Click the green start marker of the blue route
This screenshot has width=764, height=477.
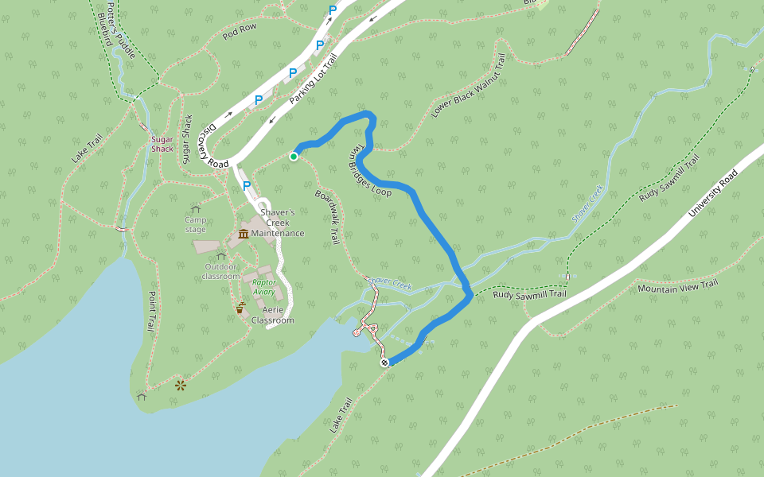294,157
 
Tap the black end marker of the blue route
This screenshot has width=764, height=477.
385,363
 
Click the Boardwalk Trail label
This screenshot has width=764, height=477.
328,215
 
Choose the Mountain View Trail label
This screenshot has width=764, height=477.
678,286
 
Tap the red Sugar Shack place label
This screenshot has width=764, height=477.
162,144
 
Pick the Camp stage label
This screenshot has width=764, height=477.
195,224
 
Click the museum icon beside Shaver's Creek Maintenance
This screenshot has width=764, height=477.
243,233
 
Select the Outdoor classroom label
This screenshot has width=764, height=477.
221,271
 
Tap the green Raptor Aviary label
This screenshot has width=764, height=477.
263,287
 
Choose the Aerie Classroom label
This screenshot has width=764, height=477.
273,315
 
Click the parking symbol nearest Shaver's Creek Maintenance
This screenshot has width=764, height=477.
247,185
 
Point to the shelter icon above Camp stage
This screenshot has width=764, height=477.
196,209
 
